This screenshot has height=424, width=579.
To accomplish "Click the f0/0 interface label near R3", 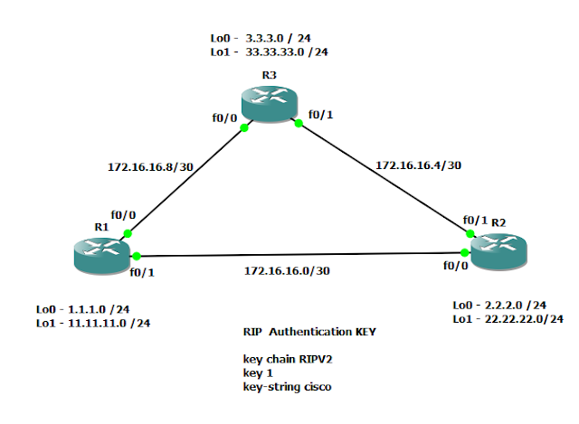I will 226,118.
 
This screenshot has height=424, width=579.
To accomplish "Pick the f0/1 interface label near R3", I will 320,115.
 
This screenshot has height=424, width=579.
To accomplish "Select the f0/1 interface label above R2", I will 475,220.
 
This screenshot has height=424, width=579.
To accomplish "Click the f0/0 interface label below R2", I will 456,267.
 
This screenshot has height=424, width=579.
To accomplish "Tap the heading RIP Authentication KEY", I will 309,332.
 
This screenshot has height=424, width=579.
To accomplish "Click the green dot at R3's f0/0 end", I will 244,128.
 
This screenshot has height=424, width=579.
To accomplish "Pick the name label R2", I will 498,221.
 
